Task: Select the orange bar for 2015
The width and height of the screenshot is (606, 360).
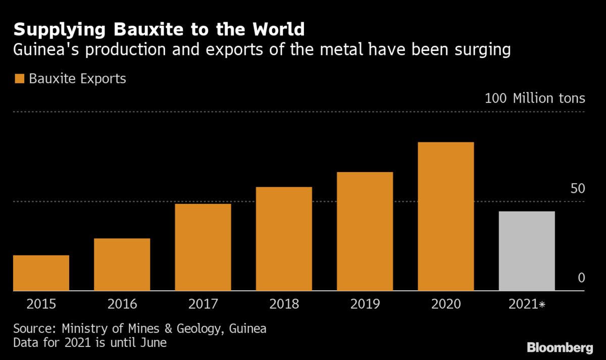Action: point(41,273)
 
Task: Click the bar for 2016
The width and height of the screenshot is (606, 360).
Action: point(122,265)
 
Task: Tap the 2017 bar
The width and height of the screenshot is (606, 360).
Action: point(203,247)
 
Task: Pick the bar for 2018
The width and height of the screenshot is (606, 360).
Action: point(284,239)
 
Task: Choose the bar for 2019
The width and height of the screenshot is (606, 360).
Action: point(365,231)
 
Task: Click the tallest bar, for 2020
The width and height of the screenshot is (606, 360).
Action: point(446,217)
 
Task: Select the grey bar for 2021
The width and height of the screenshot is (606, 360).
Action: point(527,251)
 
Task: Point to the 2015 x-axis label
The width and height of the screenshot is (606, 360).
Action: point(41,304)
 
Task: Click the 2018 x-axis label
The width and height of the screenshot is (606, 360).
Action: point(284,304)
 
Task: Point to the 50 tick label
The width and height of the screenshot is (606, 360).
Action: point(578,189)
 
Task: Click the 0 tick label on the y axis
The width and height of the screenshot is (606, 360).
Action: point(581,278)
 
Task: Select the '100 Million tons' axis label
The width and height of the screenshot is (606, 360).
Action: point(535,98)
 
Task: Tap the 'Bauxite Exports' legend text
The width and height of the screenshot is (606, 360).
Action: point(77,79)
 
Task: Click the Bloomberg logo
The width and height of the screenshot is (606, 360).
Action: point(560,347)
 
